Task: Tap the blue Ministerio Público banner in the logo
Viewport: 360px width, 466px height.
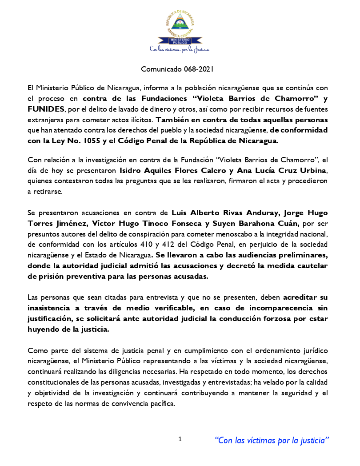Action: pos(180,41)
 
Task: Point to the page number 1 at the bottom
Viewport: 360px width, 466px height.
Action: pos(180,439)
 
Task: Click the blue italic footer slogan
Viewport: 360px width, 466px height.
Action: pos(272,441)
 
